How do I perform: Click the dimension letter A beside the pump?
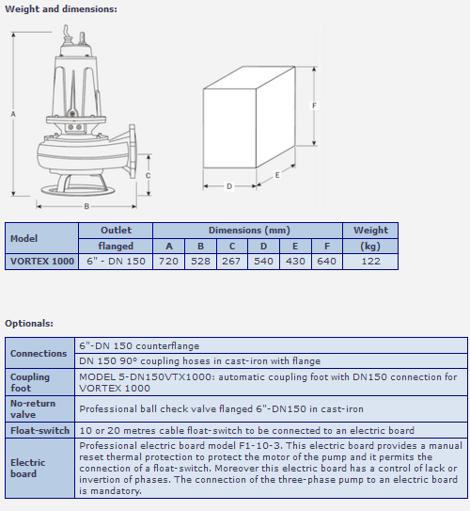13,114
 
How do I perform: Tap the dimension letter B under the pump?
86,206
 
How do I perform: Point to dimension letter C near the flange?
149,176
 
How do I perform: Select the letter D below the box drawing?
229,186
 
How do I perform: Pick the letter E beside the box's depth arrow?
277,175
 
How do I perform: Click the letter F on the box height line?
314,105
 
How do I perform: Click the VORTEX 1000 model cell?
42,262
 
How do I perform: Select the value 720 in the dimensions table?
168,262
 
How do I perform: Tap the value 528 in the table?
200,262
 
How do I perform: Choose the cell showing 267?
232,262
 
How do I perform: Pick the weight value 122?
370,262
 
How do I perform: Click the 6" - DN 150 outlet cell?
116,262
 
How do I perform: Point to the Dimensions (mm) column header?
249,231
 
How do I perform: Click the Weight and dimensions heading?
61,8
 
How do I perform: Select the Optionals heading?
29,324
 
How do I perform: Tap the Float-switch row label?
39,430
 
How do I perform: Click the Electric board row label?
27,468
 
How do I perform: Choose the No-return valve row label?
33,409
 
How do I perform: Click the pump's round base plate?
77,190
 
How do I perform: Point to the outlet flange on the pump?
133,151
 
